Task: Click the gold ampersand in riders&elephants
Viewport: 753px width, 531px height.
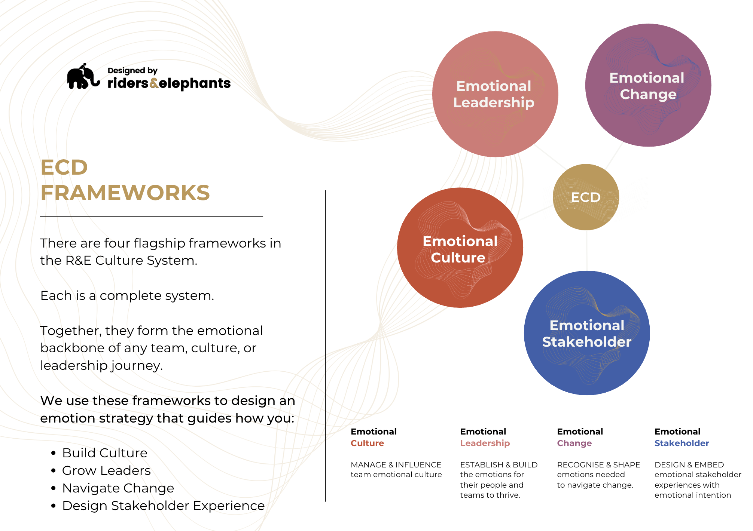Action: pyautogui.click(x=154, y=83)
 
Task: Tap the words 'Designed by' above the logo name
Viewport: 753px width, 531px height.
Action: pyautogui.click(x=132, y=70)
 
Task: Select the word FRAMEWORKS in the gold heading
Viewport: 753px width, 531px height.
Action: pyautogui.click(x=125, y=193)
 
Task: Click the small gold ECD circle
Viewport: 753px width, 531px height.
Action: pyautogui.click(x=586, y=197)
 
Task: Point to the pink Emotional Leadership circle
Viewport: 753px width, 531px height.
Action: pyautogui.click(x=495, y=94)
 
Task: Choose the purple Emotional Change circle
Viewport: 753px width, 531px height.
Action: pyautogui.click(x=648, y=86)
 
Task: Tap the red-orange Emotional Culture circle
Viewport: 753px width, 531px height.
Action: pyautogui.click(x=460, y=248)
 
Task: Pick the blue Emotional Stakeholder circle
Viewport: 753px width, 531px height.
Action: pyautogui.click(x=587, y=333)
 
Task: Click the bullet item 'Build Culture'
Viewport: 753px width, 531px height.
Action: pyautogui.click(x=105, y=453)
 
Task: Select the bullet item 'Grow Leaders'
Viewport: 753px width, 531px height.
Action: pyautogui.click(x=106, y=470)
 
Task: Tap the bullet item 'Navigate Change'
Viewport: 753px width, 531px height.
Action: pyautogui.click(x=118, y=488)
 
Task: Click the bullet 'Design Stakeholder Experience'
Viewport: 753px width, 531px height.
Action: pyautogui.click(x=163, y=506)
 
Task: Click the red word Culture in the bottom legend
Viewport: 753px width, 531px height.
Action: pyautogui.click(x=367, y=443)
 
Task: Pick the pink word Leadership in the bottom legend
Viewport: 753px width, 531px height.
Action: pyautogui.click(x=485, y=443)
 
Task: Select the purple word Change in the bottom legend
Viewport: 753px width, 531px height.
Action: pyautogui.click(x=574, y=443)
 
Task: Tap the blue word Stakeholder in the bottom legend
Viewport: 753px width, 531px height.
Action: pyautogui.click(x=682, y=443)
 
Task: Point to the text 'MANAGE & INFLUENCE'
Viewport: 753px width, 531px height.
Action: pyautogui.click(x=396, y=465)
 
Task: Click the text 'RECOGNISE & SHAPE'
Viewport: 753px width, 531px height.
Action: pyautogui.click(x=598, y=465)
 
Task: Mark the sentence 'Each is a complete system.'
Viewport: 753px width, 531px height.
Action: pyautogui.click(x=127, y=295)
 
